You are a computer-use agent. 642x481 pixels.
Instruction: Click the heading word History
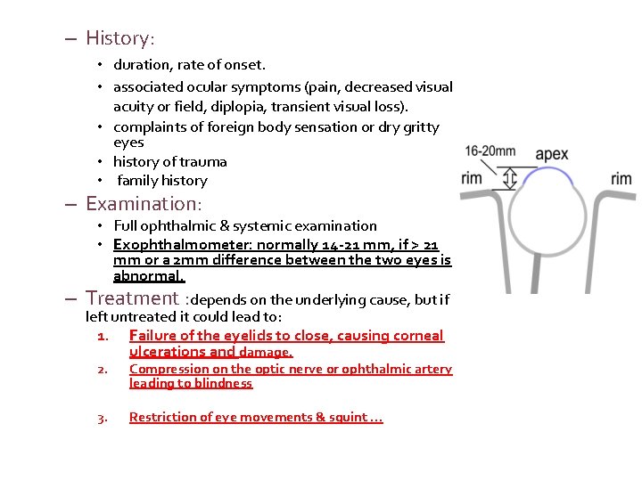click(119, 38)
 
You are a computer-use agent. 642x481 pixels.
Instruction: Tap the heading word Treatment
click(132, 298)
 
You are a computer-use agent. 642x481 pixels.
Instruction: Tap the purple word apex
click(552, 154)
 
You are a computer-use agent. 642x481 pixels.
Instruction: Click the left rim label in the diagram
click(472, 178)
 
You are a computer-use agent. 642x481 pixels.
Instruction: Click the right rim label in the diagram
click(621, 179)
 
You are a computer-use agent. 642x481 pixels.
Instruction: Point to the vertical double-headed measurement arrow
click(510, 178)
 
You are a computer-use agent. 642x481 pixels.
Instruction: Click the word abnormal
click(147, 276)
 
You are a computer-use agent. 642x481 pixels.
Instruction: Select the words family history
click(162, 180)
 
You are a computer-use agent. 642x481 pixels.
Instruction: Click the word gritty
click(418, 127)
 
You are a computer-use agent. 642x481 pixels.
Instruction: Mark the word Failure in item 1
click(152, 336)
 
